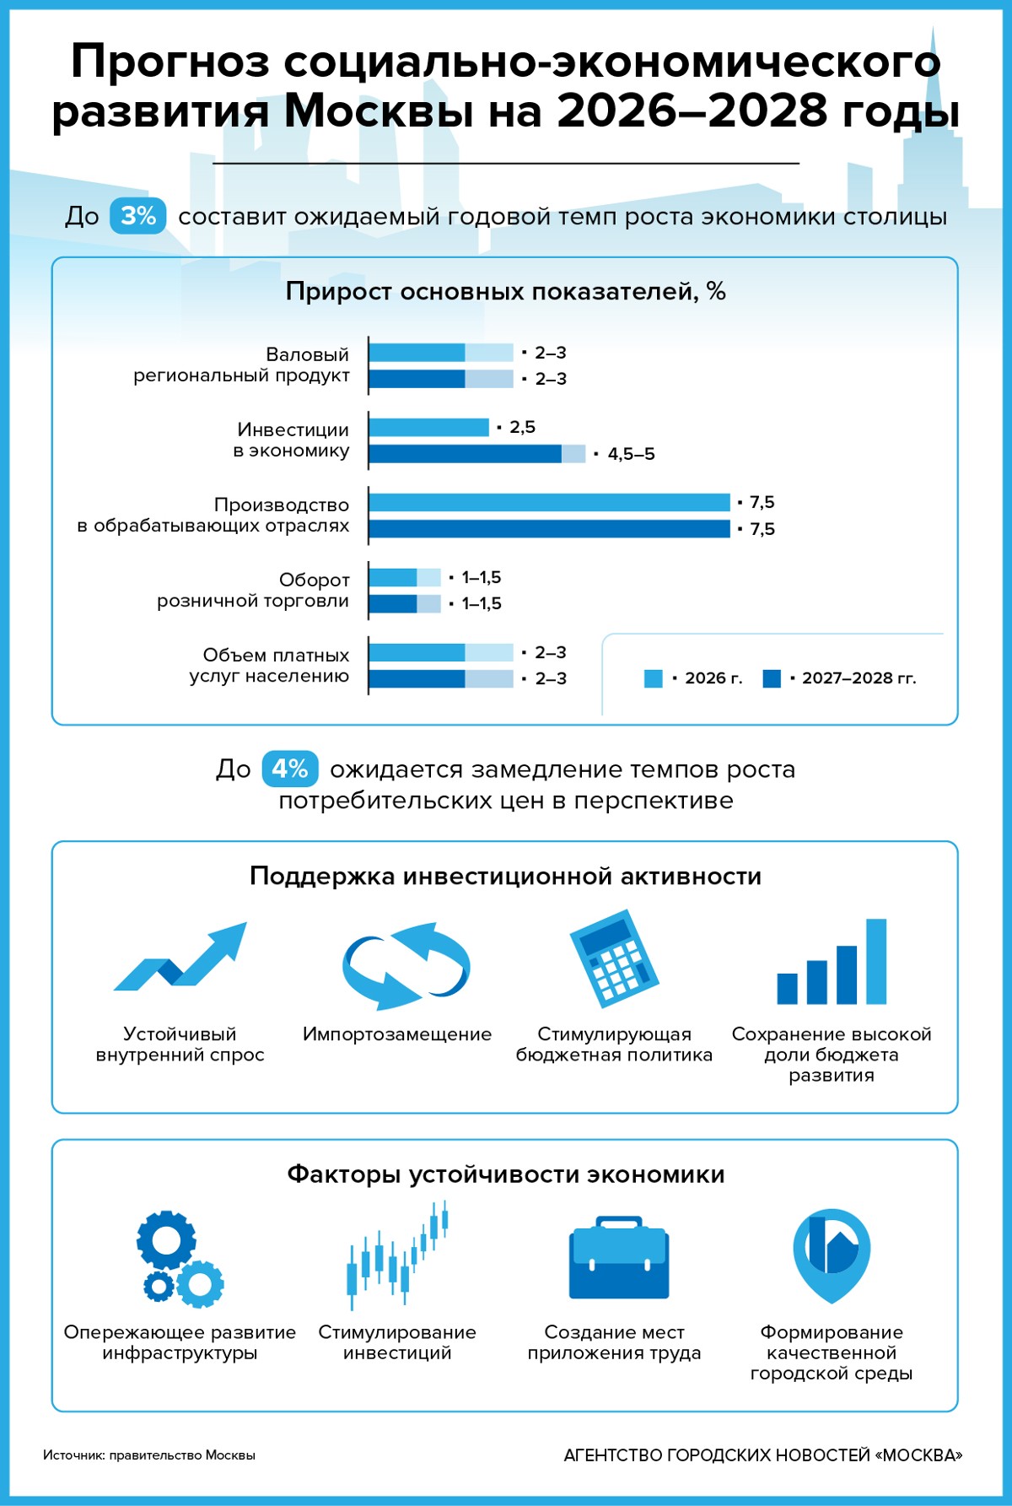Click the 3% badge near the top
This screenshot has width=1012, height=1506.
click(137, 216)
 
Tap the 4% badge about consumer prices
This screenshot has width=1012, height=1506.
click(289, 769)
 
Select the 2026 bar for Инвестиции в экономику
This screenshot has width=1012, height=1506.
click(428, 428)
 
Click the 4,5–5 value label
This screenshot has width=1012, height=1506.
click(631, 454)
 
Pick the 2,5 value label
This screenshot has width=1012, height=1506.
click(522, 427)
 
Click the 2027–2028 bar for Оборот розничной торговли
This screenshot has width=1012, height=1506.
click(405, 604)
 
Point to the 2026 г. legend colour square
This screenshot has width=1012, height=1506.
click(653, 678)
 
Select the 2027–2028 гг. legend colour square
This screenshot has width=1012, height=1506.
click(771, 678)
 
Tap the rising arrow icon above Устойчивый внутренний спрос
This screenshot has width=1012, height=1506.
click(182, 958)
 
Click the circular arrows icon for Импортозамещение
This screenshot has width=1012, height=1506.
click(406, 966)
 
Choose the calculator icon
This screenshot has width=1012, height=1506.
click(614, 958)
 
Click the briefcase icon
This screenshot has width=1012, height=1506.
click(618, 1259)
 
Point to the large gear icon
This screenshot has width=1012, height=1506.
click(166, 1240)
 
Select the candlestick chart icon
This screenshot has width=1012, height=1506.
click(397, 1255)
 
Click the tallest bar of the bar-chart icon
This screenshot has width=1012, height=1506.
click(876, 961)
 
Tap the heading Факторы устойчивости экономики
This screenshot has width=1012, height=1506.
click(505, 1174)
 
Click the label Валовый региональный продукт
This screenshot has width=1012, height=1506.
click(241, 364)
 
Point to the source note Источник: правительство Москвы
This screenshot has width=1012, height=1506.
click(149, 1455)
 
